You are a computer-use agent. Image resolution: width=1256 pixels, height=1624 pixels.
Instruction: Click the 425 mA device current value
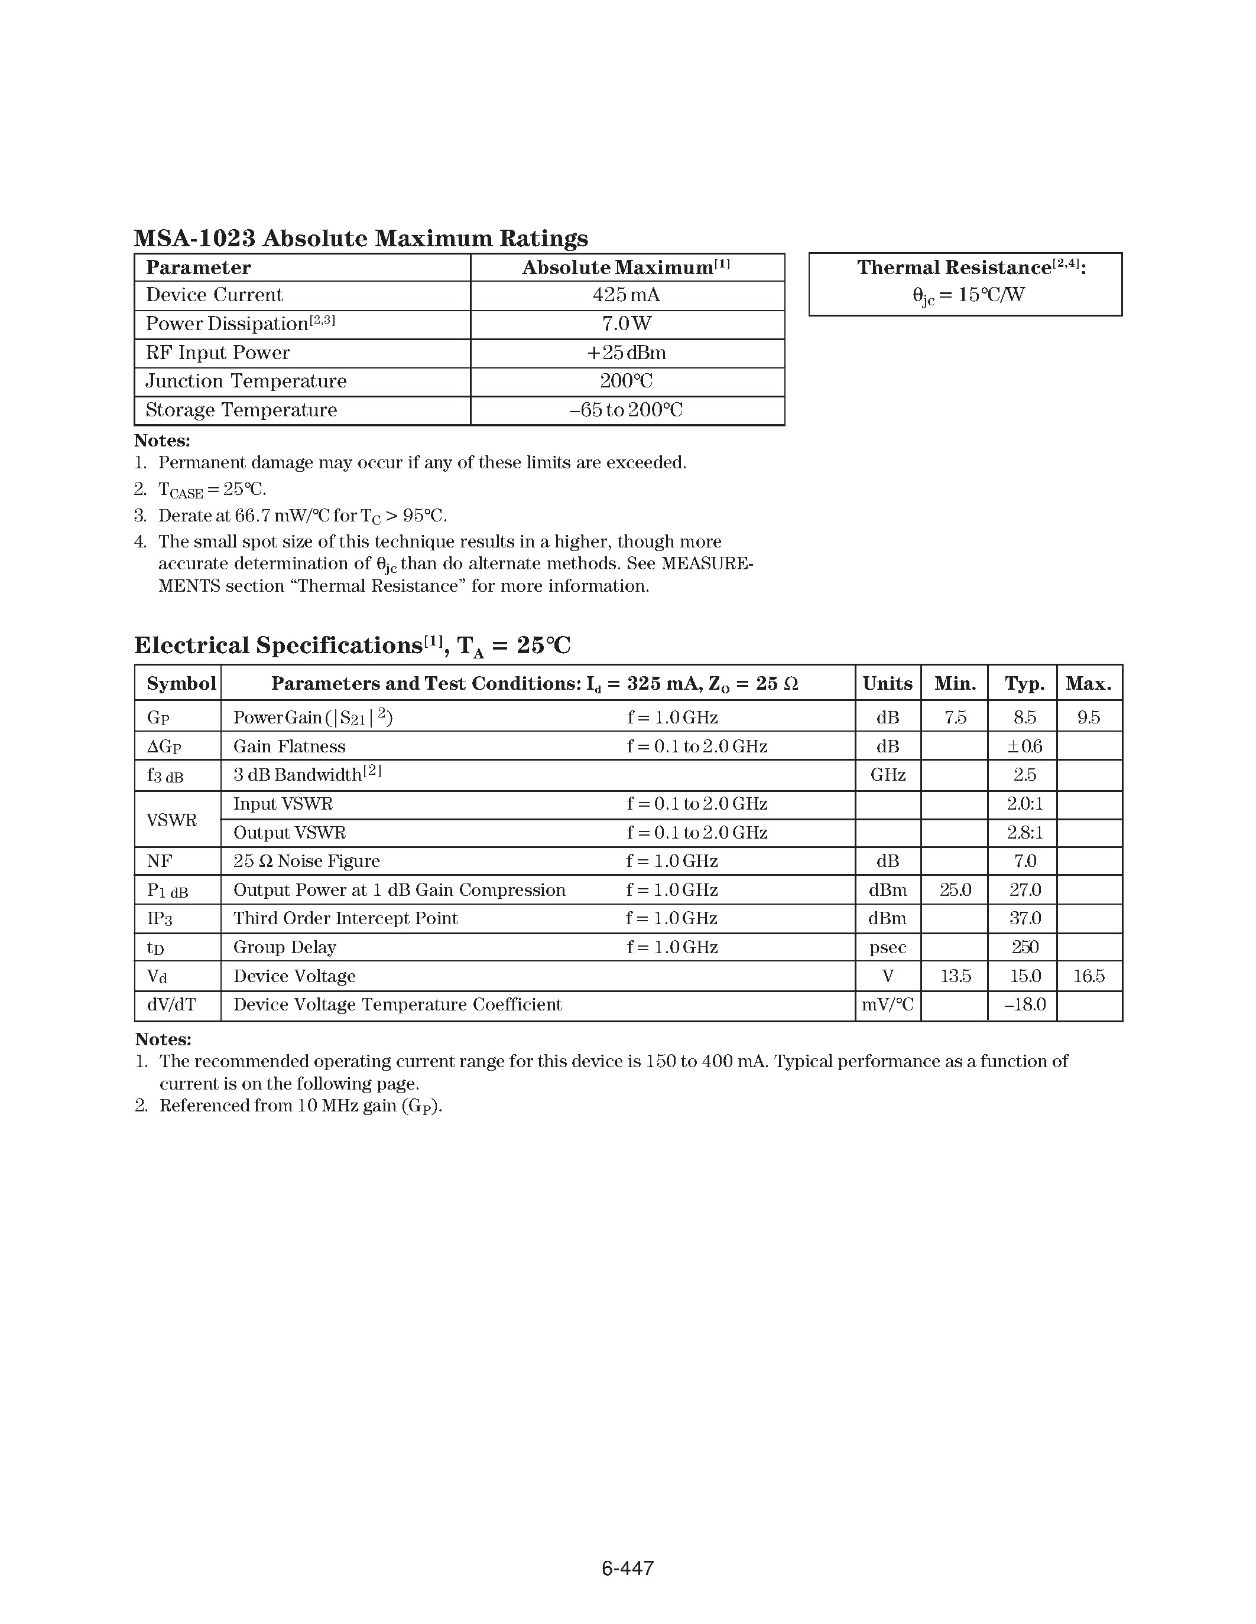(626, 295)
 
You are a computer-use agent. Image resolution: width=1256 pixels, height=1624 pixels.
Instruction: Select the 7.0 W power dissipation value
(627, 324)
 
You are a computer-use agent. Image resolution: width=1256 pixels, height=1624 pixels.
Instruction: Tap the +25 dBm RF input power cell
(627, 353)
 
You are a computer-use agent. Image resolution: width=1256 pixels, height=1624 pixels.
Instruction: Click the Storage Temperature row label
(241, 410)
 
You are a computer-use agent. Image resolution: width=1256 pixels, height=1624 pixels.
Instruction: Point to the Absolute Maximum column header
(626, 268)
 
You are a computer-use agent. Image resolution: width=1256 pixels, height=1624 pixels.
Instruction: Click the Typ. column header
(1024, 683)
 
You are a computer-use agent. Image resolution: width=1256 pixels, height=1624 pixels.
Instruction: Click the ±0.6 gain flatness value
(1024, 746)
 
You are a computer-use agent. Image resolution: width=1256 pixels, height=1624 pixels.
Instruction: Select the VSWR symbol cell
(172, 820)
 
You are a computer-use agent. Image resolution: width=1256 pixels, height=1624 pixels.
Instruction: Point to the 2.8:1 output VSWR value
(1024, 833)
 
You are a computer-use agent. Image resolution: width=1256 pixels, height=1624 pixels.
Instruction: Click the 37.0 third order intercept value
(1024, 918)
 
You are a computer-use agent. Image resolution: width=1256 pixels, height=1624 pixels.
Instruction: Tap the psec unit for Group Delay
(888, 947)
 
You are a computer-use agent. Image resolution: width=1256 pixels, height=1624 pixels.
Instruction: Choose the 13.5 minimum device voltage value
(955, 976)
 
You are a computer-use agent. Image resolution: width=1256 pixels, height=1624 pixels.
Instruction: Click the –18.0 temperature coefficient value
(1024, 1005)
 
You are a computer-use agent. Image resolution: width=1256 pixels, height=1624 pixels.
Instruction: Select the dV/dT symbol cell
(171, 1005)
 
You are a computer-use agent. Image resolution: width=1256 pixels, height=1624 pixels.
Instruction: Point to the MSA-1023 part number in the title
(195, 239)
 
